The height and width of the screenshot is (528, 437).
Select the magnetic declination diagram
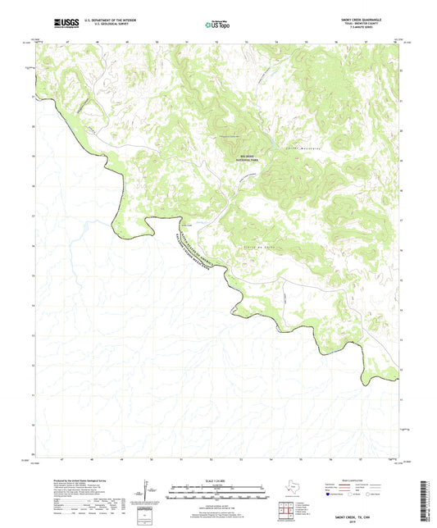pos(149,492)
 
